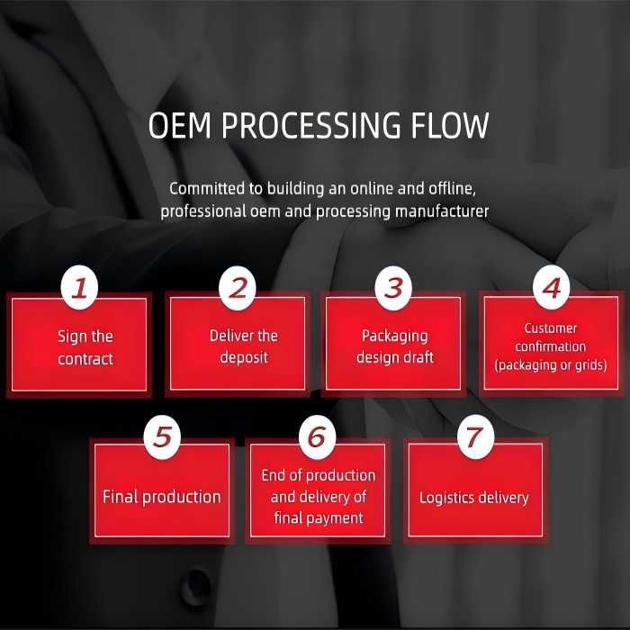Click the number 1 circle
click(80, 287)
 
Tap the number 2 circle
click(238, 287)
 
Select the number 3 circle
click(393, 287)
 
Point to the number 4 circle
click(552, 287)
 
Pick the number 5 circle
click(162, 436)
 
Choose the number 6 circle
click(316, 436)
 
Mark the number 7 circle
click(475, 436)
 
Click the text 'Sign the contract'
click(85, 347)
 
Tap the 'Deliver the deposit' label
click(243, 346)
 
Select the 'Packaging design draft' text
click(394, 346)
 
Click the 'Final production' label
click(161, 497)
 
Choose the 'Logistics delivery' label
click(474, 497)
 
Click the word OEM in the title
click(179, 126)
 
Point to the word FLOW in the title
click(453, 126)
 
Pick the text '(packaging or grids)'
click(551, 365)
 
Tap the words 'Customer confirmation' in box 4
click(551, 337)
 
